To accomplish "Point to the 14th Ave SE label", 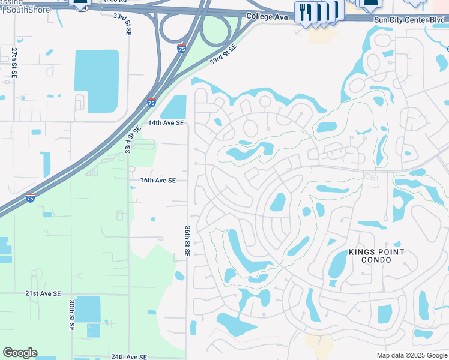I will (166, 122).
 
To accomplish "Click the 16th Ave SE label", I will (158, 180).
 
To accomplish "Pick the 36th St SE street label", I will (187, 241).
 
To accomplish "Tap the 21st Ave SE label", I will (43, 293).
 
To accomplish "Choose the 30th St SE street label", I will (71, 316).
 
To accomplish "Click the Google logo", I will (20, 353).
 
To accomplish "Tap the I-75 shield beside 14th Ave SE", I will (151, 103).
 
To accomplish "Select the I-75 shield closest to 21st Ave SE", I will (30, 199).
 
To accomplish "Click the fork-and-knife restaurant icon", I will (304, 13).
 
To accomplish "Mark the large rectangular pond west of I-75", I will (96, 81).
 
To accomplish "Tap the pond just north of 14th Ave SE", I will (174, 107).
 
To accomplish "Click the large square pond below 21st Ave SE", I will (88, 309).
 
